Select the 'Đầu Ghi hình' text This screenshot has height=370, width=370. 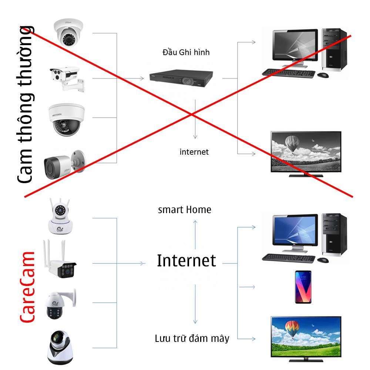(186, 52)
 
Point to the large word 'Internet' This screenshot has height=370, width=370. (186, 261)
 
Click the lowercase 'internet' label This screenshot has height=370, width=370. (194, 152)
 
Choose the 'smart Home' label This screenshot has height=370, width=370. (184, 210)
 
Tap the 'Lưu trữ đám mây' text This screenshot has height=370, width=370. (192, 338)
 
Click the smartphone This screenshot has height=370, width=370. (303, 287)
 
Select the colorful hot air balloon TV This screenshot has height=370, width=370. (306, 337)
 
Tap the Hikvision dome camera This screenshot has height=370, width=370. (66, 119)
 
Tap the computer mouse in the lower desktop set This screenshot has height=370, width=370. (323, 260)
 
